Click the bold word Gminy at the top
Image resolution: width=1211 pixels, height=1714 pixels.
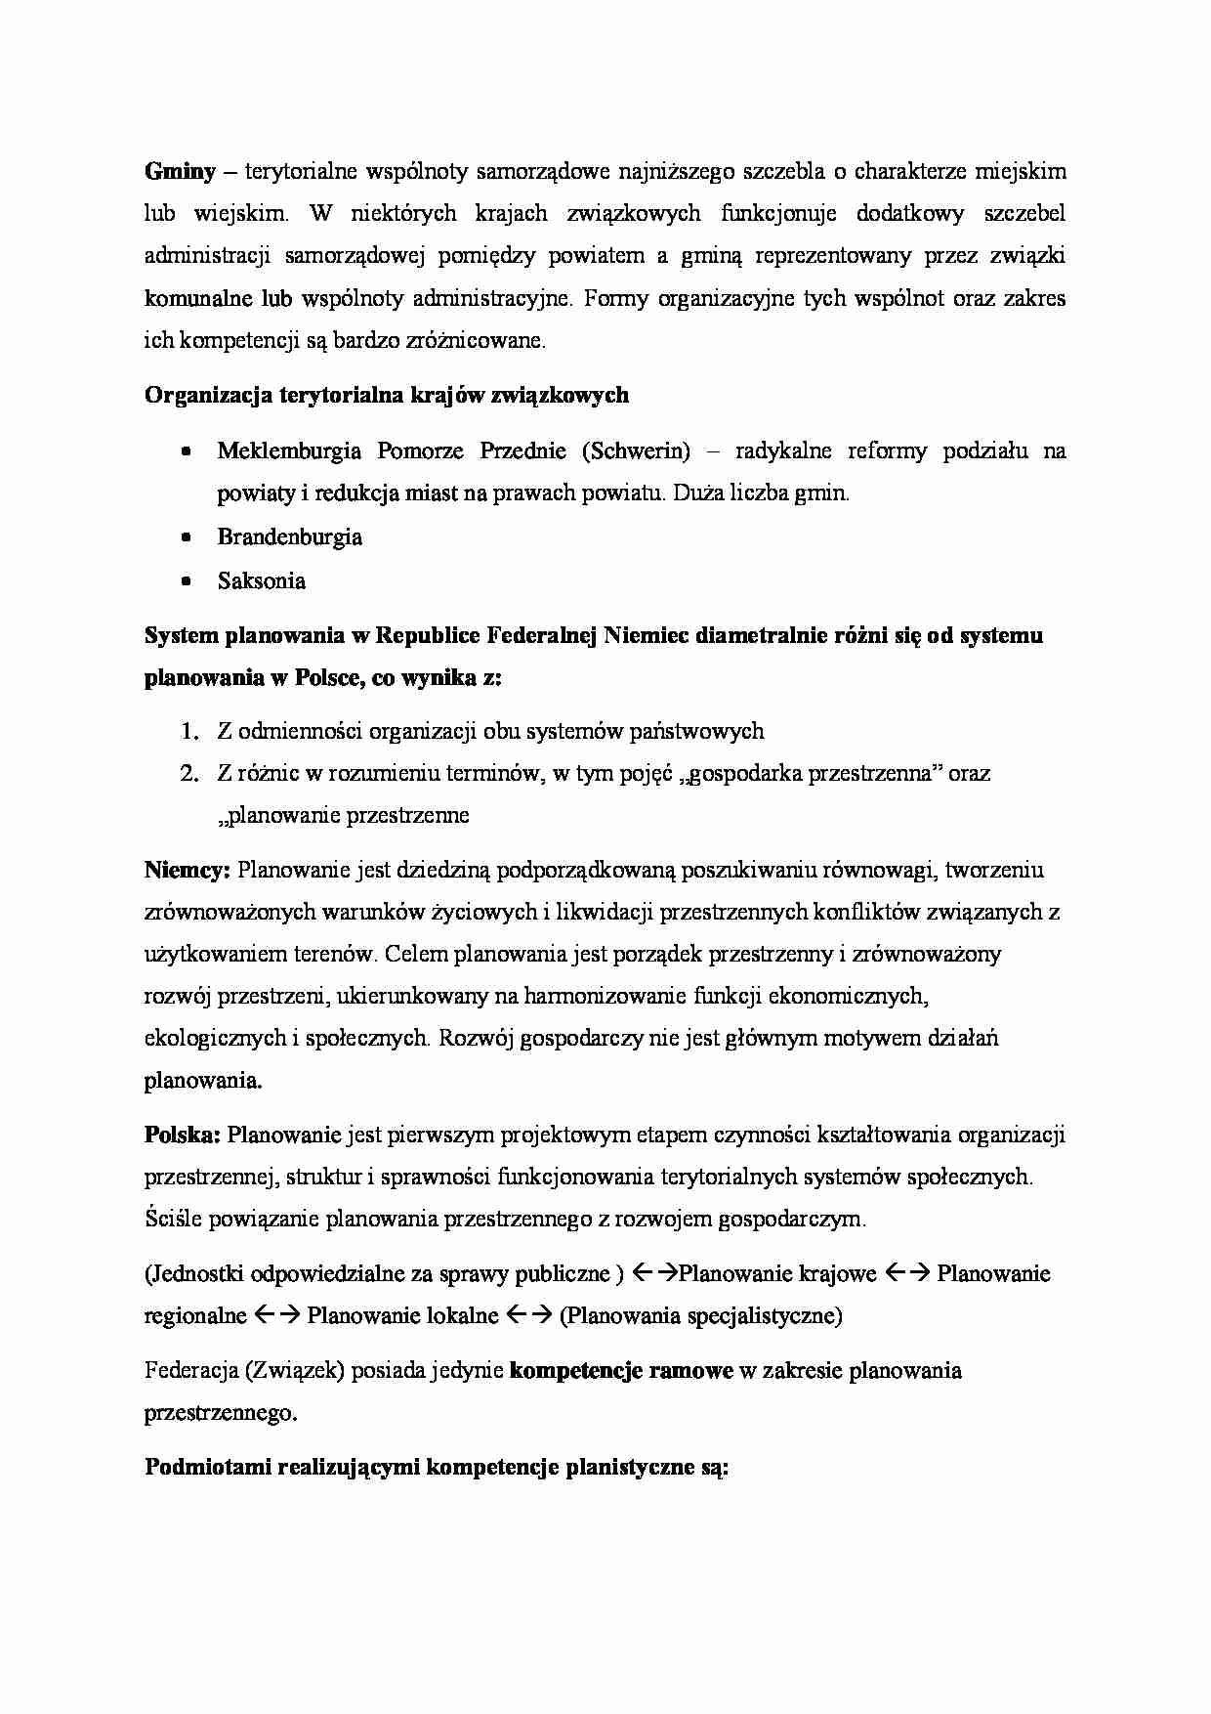[x=180, y=172]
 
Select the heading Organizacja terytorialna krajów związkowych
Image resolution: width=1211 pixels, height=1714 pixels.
[x=387, y=395]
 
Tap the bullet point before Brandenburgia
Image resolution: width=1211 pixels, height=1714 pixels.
[x=187, y=537]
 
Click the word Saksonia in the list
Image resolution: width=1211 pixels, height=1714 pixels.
[x=261, y=581]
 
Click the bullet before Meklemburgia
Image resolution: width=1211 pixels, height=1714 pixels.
[x=187, y=451]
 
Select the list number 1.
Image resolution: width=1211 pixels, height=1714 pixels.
[x=189, y=731]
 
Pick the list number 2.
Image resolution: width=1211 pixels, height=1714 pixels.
[x=189, y=774]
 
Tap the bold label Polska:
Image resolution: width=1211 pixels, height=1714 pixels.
[x=184, y=1135]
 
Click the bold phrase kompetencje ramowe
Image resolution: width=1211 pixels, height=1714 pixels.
[x=621, y=1370]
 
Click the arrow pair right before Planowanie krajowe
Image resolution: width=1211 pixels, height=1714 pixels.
[x=655, y=1273]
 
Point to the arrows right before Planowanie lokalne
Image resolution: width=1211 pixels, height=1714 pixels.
[x=275, y=1315]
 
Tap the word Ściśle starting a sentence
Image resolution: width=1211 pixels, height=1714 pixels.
[x=174, y=1219]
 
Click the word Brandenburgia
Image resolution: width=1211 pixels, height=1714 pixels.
[x=289, y=537]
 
